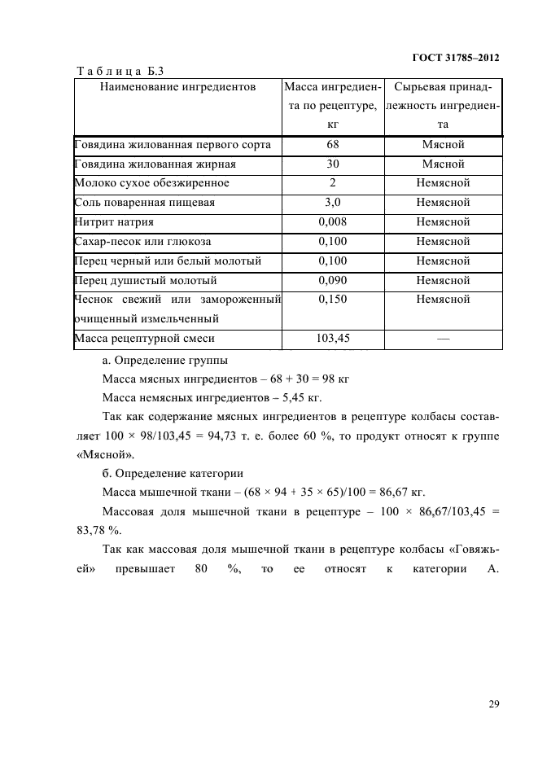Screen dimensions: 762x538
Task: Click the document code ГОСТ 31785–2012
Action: click(451, 58)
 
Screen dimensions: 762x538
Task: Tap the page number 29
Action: click(494, 704)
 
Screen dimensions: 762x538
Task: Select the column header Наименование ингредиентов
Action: click(177, 85)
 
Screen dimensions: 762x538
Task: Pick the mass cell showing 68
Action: click(332, 145)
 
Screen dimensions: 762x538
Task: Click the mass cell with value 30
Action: click(332, 164)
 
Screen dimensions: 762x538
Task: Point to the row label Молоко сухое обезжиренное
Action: click(151, 183)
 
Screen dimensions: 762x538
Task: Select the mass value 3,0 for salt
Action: click(332, 203)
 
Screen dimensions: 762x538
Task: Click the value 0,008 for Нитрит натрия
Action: click(332, 222)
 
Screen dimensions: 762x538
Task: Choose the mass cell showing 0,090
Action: click(332, 281)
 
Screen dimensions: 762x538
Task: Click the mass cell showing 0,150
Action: click(332, 300)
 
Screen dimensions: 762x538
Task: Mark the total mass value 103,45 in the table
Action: click(332, 339)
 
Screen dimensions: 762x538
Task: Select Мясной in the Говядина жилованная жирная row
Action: click(443, 164)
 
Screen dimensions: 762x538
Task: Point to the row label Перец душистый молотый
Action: click(146, 281)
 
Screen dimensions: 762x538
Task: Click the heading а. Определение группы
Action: click(165, 359)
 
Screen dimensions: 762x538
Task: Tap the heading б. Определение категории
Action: click(173, 473)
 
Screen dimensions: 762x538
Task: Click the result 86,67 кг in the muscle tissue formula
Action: click(400, 493)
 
